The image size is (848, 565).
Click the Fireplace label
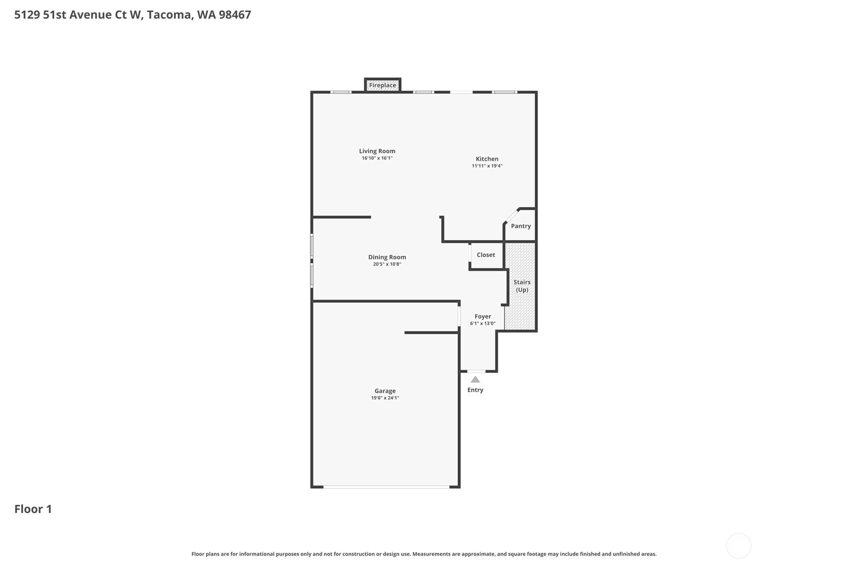click(382, 85)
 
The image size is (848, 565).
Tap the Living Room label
click(377, 151)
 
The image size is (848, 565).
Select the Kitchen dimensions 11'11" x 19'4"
click(487, 166)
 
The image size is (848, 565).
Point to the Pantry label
click(521, 226)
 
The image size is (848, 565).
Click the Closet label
click(486, 255)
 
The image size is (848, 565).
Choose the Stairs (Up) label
click(522, 286)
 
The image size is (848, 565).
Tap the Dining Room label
click(387, 257)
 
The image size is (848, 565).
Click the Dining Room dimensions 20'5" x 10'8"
click(387, 264)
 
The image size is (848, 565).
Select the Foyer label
click(483, 316)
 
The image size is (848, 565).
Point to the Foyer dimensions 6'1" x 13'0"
click(483, 324)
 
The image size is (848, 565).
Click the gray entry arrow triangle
click(475, 380)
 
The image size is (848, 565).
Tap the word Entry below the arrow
click(475, 390)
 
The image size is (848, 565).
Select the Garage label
click(385, 391)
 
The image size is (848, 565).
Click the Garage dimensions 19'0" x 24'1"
click(385, 398)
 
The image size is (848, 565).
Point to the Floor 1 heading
click(33, 509)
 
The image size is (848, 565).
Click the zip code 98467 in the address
click(235, 15)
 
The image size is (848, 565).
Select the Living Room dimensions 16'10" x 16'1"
click(377, 158)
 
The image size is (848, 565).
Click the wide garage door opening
click(386, 487)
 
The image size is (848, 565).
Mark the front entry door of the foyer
click(476, 372)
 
